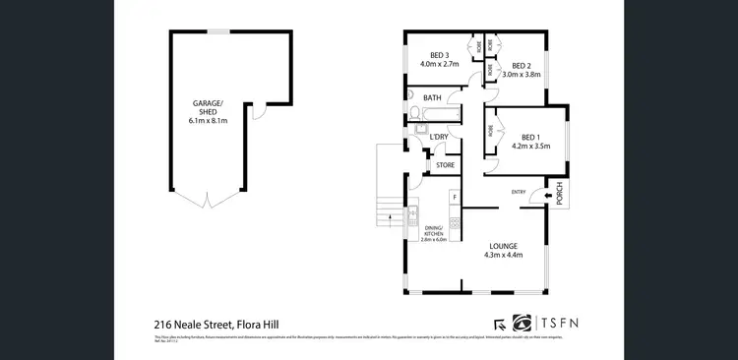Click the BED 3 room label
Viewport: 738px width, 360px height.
(x=440, y=55)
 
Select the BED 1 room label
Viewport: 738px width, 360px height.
(x=530, y=137)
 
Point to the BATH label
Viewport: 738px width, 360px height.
(x=432, y=98)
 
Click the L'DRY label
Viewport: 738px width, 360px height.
(x=439, y=136)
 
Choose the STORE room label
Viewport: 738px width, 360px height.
(x=445, y=165)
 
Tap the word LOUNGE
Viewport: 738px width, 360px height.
(x=503, y=246)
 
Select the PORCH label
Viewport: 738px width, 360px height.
(x=559, y=196)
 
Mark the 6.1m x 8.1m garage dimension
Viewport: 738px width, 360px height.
(x=208, y=121)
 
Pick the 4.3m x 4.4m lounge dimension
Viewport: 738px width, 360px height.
(x=503, y=256)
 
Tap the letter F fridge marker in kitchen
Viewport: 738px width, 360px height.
(x=455, y=197)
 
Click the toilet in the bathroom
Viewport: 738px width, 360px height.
(x=413, y=96)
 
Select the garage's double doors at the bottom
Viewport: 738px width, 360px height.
(x=208, y=201)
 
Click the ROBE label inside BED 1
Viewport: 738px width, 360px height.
(x=489, y=128)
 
